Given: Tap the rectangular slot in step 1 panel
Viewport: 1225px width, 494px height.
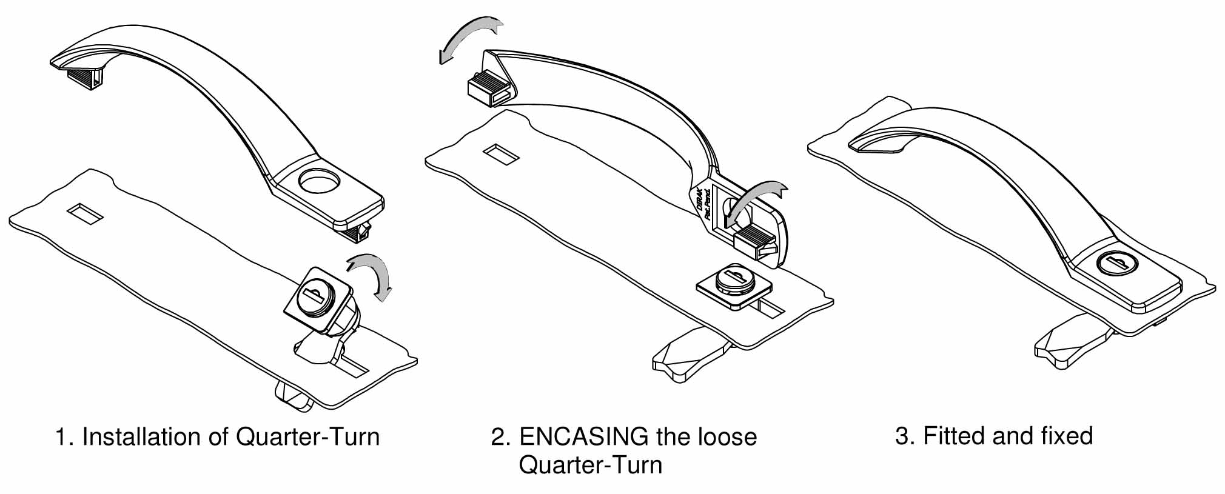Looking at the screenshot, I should coord(86,213).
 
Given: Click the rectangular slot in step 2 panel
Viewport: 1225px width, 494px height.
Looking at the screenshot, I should coord(501,153).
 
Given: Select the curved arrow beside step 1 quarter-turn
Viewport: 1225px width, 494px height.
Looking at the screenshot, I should coord(372,275).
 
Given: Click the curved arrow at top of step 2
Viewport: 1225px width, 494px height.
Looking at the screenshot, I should coord(466,36).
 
